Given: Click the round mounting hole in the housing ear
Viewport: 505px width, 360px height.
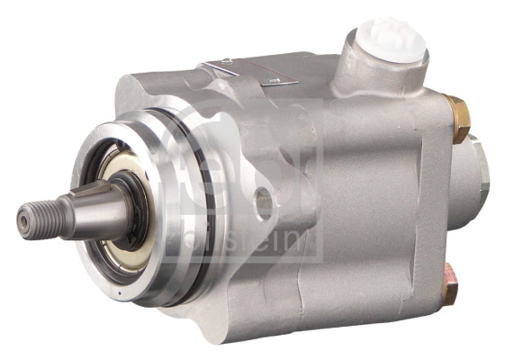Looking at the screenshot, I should coord(265,202).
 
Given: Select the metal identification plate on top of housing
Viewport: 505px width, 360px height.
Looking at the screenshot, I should coord(252,73).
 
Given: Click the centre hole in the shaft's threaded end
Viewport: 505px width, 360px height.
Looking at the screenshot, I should coord(22,219).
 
